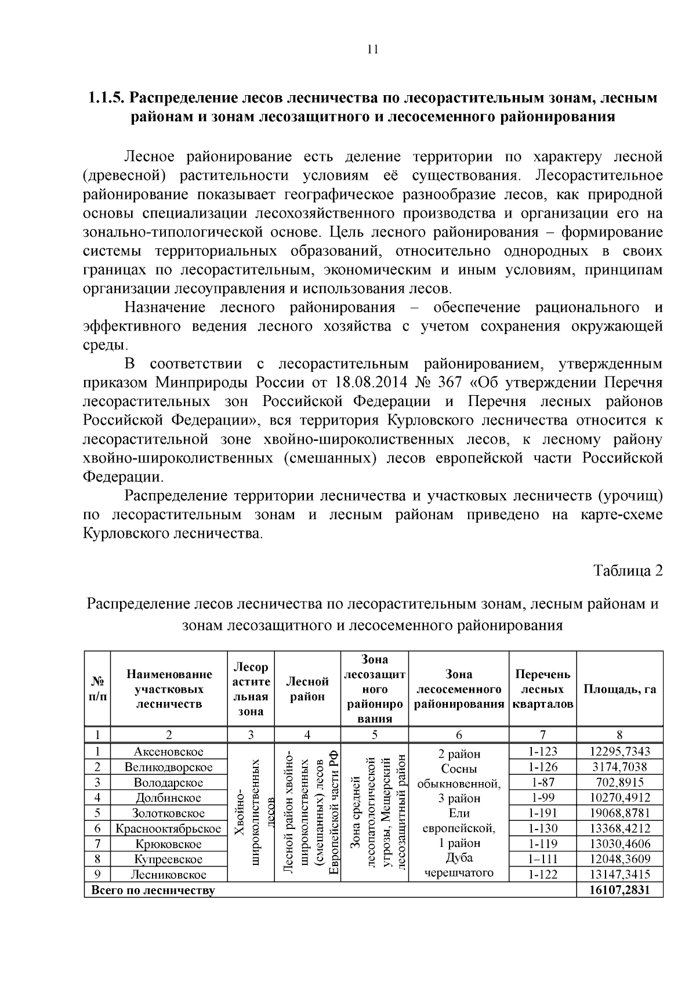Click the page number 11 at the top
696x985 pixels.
[x=373, y=50]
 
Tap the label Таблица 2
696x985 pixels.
[x=628, y=571]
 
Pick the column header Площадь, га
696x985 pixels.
[x=619, y=690]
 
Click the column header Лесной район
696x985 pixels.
[x=307, y=690]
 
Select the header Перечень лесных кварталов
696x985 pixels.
[x=543, y=690]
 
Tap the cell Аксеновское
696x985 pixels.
[x=169, y=752]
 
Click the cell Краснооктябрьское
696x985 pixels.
[x=169, y=829]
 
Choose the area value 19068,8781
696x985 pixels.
[x=619, y=813]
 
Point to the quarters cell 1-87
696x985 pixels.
[x=543, y=783]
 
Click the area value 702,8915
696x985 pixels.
[x=619, y=783]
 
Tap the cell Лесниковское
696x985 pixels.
[x=169, y=875]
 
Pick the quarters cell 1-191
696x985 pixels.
[x=543, y=813]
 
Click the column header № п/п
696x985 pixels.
[x=97, y=690]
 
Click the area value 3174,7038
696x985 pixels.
[x=619, y=767]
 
